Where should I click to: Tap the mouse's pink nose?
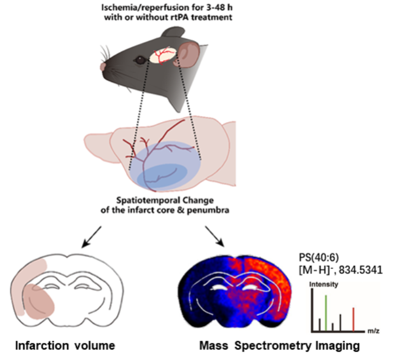(x=103, y=66)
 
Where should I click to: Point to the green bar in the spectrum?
(x=326, y=312)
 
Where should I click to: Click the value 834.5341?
(x=361, y=269)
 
